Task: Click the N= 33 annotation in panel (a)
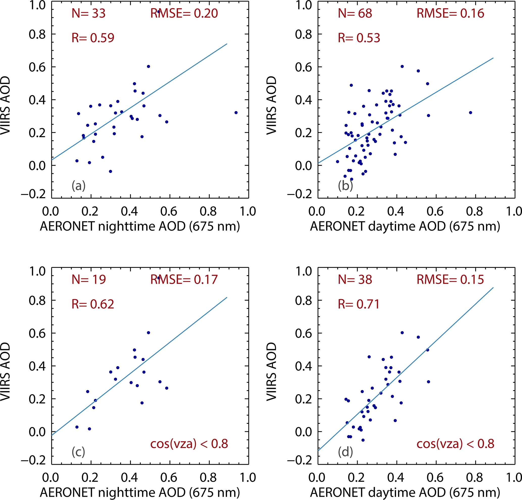tap(88, 13)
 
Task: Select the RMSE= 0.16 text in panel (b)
tap(450, 13)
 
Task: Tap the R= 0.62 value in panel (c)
tap(93, 304)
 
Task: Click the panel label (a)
tap(78, 186)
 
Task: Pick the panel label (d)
tap(345, 452)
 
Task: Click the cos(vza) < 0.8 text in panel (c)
tap(189, 443)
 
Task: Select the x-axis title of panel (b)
tap(405, 226)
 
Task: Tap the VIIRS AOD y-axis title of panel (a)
tap(5, 105)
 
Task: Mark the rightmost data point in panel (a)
tap(236, 113)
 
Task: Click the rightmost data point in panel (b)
tap(470, 113)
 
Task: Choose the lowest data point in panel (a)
tap(111, 171)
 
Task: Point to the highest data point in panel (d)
tap(402, 333)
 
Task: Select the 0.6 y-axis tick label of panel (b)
tap(303, 67)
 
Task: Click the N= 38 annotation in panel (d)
tap(355, 280)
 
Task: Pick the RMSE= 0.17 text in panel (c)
tap(184, 280)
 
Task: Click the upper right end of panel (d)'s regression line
tap(493, 287)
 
